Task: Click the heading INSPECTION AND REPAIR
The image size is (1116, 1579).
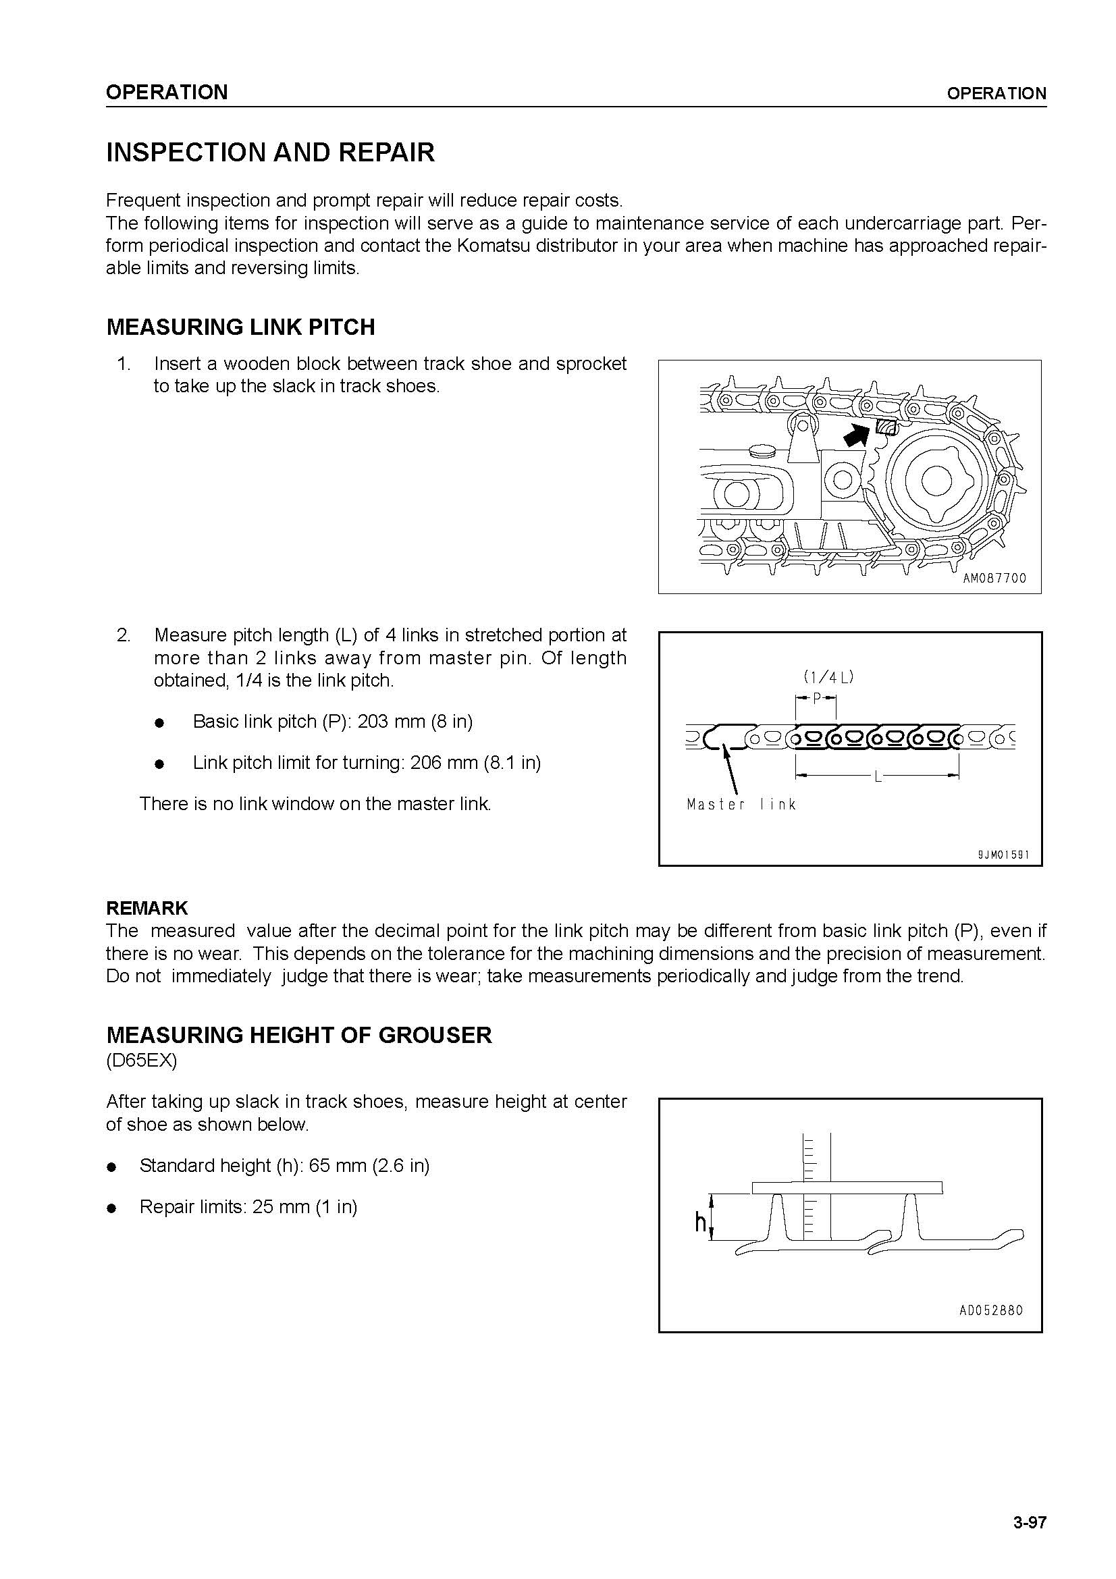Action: click(270, 153)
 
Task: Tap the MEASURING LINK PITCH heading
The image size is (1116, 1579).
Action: click(240, 327)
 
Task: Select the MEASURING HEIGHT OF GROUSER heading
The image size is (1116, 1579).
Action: click(299, 1036)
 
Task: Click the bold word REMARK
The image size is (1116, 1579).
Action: click(147, 909)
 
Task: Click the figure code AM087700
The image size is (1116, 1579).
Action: click(994, 579)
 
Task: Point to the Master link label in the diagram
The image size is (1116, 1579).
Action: click(741, 805)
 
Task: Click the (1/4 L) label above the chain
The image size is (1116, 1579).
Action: click(828, 676)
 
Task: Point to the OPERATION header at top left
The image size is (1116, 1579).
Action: click(166, 92)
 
